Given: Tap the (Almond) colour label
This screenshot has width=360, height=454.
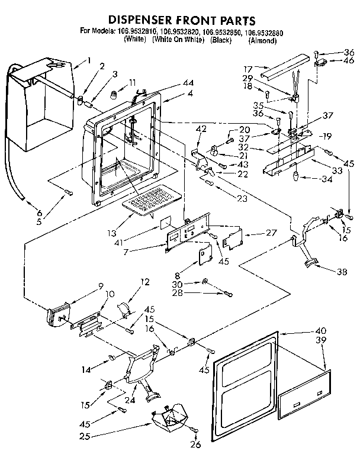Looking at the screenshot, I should click(x=262, y=41).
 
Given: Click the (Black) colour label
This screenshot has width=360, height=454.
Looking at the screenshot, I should click(x=220, y=41).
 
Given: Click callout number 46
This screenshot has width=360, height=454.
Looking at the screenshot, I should click(x=349, y=60).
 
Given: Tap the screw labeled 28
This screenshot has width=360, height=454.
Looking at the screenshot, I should click(x=229, y=294).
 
